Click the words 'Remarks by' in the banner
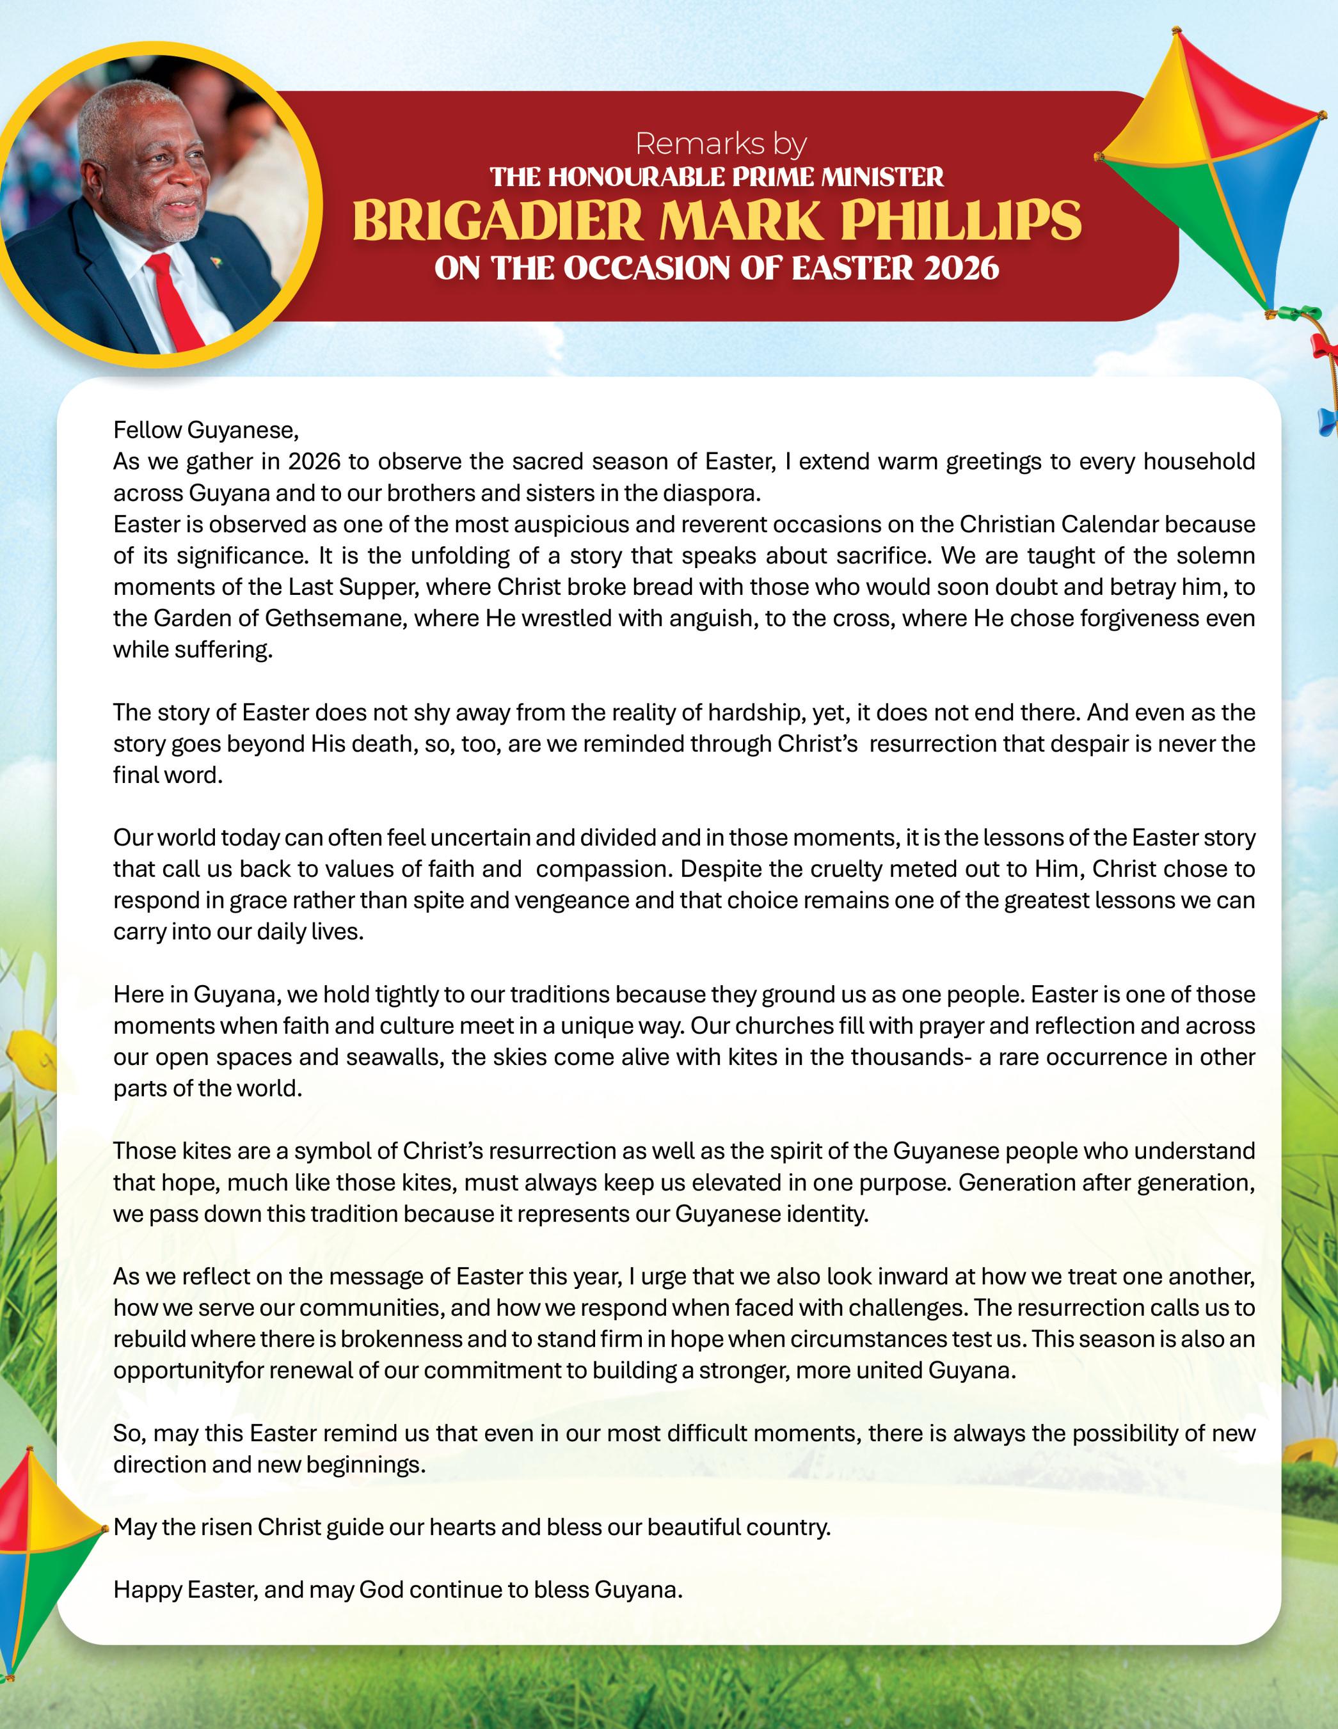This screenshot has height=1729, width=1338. (721, 144)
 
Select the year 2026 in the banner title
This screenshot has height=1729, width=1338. (960, 269)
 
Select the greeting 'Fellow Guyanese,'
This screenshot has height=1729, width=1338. (206, 430)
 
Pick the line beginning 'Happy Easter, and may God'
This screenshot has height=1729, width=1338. (397, 1589)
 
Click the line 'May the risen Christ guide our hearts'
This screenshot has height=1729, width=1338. (472, 1526)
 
